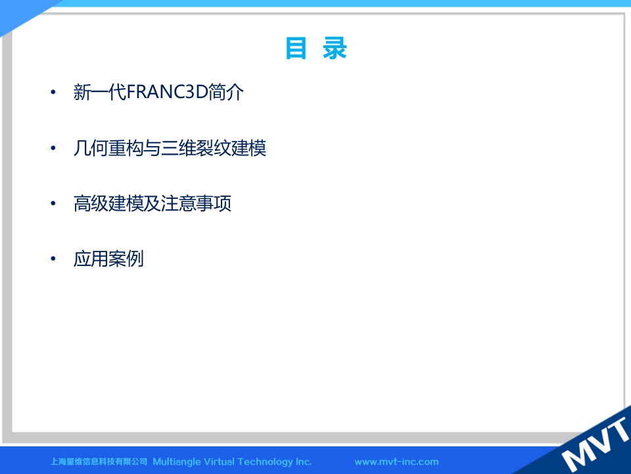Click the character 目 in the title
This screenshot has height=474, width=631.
tap(296, 48)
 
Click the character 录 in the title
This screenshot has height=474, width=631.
tap(335, 48)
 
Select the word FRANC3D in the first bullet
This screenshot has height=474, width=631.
tap(167, 92)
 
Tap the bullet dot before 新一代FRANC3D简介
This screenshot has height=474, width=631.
tap(53, 92)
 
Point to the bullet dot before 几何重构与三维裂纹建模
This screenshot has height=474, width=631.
tap(53, 148)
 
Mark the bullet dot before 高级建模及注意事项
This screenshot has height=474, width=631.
tap(53, 203)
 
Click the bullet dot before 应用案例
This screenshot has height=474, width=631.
tap(53, 258)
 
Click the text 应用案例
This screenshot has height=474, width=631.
tap(108, 258)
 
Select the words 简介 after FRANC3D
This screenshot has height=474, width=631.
tap(225, 92)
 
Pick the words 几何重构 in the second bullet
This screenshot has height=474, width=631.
tap(108, 148)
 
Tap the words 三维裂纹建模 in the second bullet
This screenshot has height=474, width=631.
tap(213, 148)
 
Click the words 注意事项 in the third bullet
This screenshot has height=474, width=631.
tap(196, 203)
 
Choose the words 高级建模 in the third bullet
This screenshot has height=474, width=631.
tap(108, 203)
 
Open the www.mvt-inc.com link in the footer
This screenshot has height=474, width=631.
tap(396, 461)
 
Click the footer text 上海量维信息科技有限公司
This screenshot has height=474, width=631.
tap(99, 461)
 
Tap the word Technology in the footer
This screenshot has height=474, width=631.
tap(267, 462)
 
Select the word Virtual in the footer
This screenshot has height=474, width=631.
tap(221, 461)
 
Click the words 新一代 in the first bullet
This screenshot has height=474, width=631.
tap(100, 92)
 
